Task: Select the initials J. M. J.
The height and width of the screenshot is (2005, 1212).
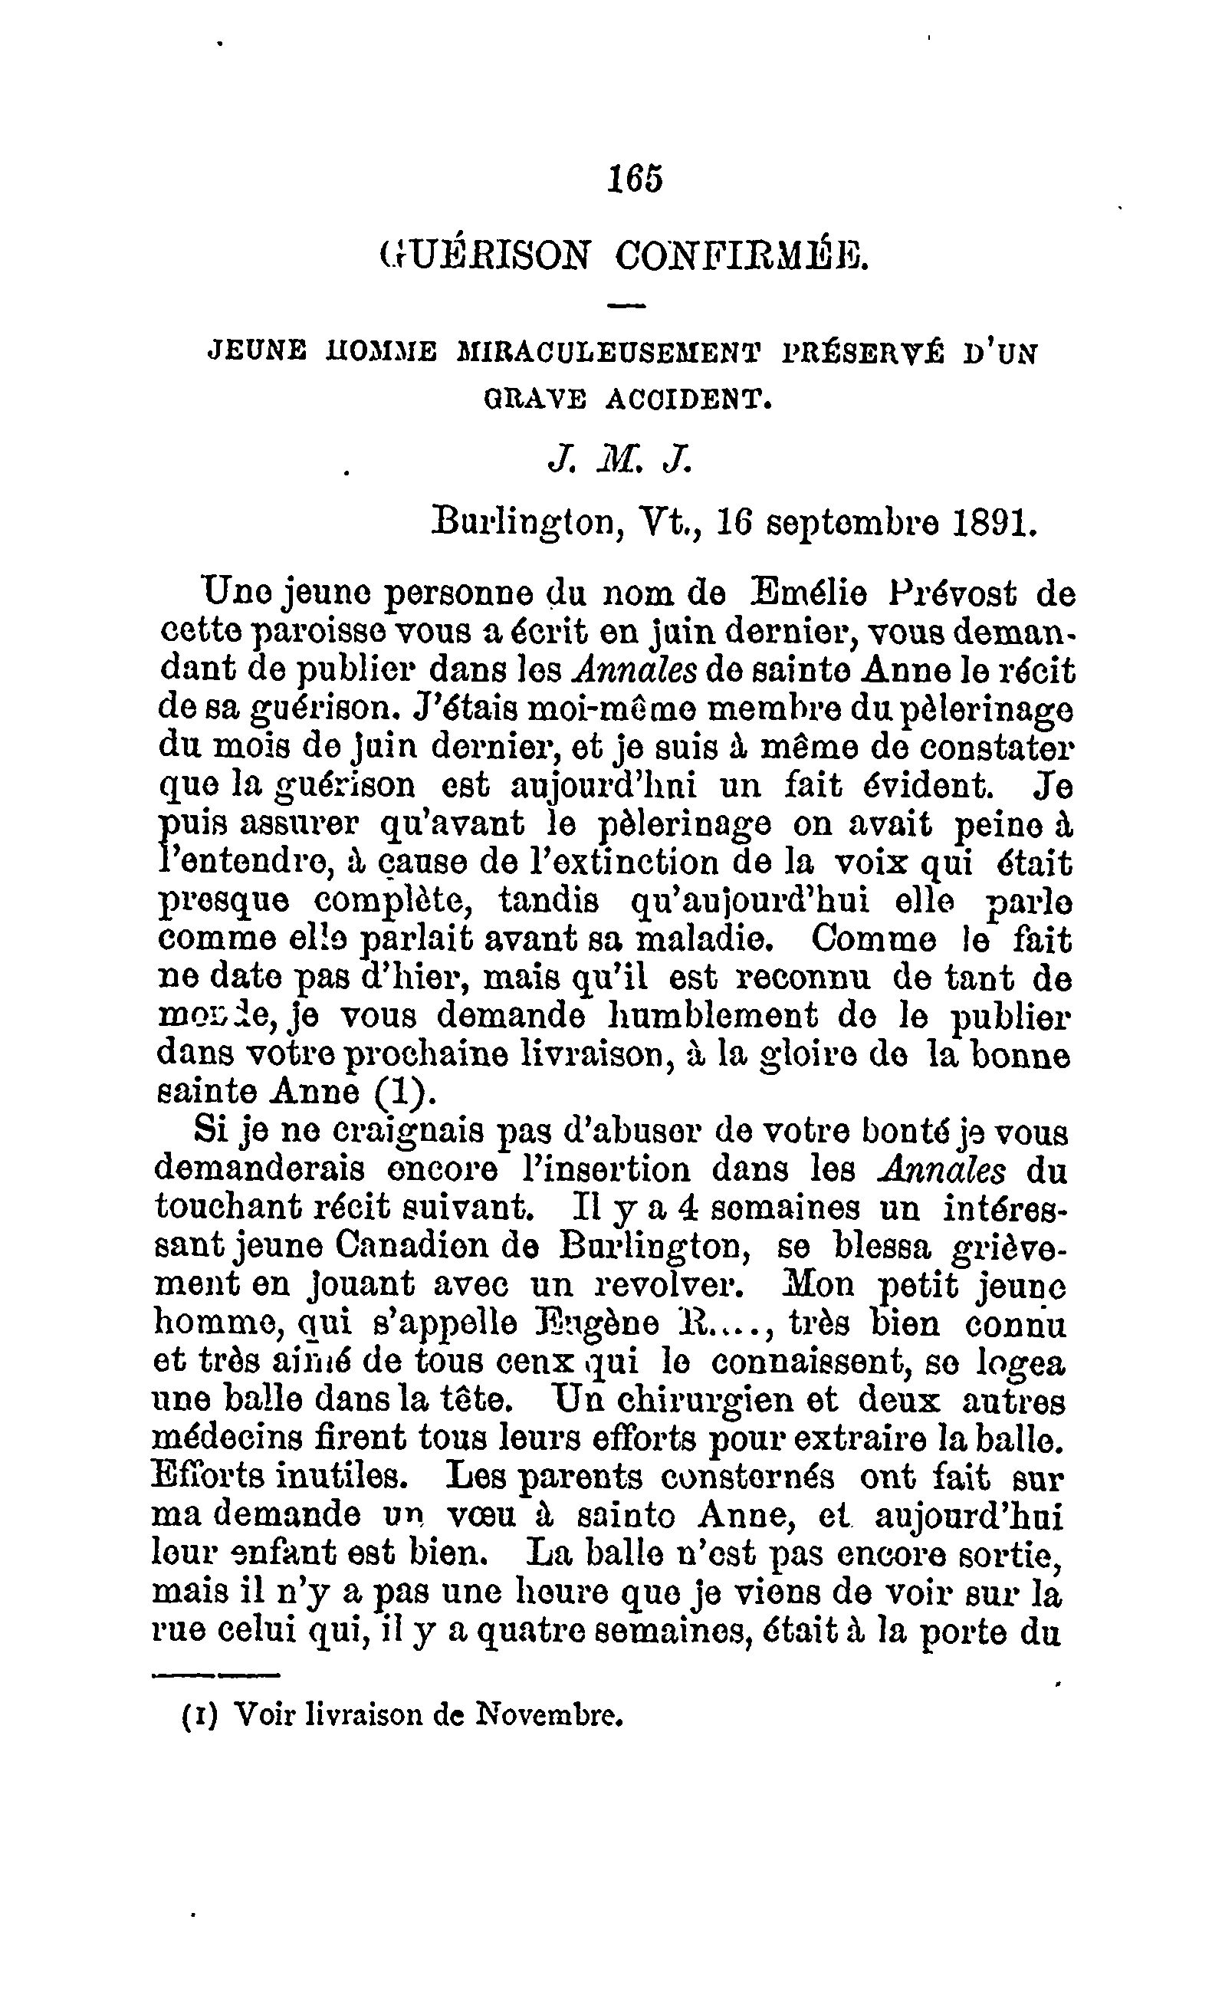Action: point(620,462)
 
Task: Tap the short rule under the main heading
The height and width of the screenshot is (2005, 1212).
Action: point(626,306)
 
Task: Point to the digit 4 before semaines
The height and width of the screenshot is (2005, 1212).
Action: point(688,1208)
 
